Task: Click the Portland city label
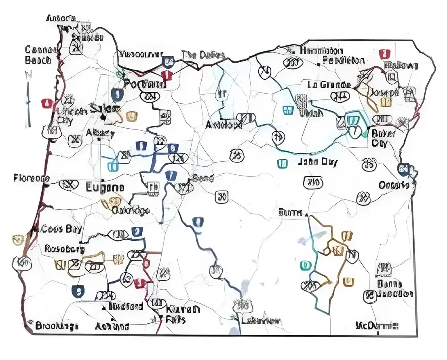(144, 85)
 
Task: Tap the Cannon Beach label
(39, 55)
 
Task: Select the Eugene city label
(105, 188)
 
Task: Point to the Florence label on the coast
(31, 178)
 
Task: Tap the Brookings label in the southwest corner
(56, 326)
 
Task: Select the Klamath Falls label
(182, 314)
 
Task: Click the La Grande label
(329, 85)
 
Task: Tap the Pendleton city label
(343, 61)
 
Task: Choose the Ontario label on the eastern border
(394, 185)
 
